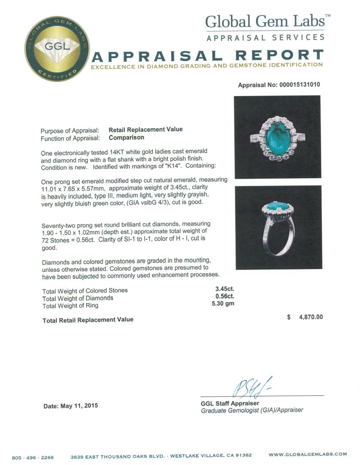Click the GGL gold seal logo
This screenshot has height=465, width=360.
tap(51, 48)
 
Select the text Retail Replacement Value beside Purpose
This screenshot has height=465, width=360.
tap(145, 129)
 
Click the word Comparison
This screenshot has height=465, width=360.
tap(126, 138)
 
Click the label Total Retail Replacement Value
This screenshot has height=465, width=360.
tap(88, 319)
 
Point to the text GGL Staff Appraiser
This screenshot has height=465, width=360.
tap(230, 403)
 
